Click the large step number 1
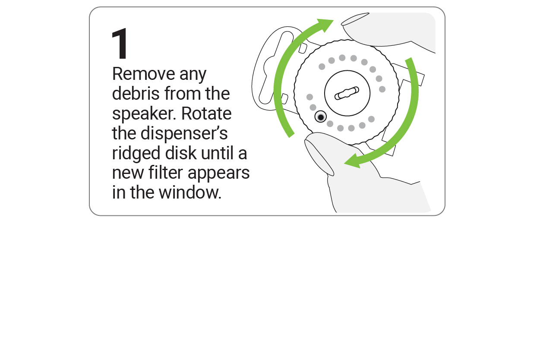120,44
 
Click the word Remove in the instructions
143,74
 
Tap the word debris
136,94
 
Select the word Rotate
206,114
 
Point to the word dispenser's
184,134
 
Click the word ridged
136,154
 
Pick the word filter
166,173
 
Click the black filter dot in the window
321,117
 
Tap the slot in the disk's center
347,93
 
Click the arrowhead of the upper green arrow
325,25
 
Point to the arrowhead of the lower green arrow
353,161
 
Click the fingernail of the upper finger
355,19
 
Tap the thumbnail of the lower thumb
319,158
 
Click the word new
128,174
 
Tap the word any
193,76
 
